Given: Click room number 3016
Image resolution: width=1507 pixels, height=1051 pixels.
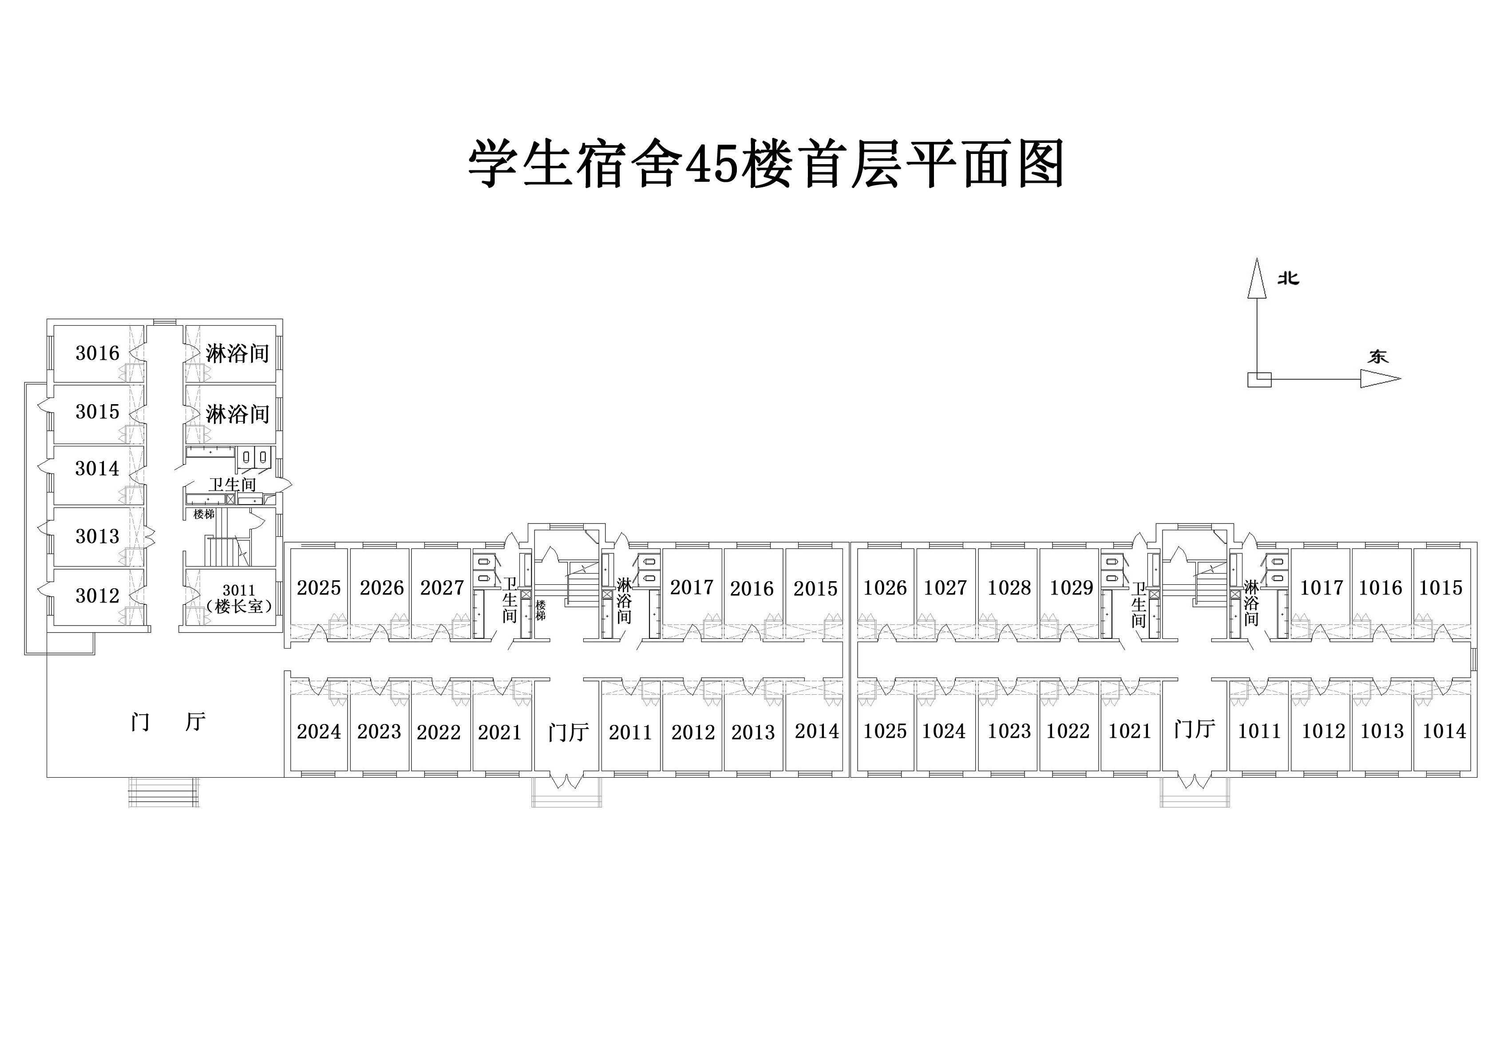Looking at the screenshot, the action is pyautogui.click(x=97, y=353).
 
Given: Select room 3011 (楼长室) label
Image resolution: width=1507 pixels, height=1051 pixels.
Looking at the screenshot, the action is pyautogui.click(x=238, y=599).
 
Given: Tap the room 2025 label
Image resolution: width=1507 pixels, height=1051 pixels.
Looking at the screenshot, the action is pyautogui.click(x=319, y=587).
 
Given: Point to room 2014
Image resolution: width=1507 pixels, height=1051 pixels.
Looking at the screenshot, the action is pyautogui.click(x=816, y=730).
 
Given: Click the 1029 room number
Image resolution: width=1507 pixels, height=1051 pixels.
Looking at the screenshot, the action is pyautogui.click(x=1071, y=587).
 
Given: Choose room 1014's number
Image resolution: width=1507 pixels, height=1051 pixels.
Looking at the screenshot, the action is pyautogui.click(x=1444, y=730).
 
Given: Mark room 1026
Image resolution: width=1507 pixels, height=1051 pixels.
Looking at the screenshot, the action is pyautogui.click(x=885, y=587).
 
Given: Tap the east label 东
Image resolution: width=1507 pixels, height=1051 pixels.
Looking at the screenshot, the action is pyautogui.click(x=1378, y=356).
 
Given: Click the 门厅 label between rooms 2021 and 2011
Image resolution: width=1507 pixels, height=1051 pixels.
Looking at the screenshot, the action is pyautogui.click(x=569, y=732).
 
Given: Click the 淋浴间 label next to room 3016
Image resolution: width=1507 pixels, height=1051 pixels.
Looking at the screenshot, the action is pyautogui.click(x=237, y=354).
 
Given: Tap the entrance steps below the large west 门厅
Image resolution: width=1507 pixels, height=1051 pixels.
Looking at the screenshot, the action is pyautogui.click(x=163, y=792).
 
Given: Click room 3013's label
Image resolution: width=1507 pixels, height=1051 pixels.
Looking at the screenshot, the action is pyautogui.click(x=97, y=536).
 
